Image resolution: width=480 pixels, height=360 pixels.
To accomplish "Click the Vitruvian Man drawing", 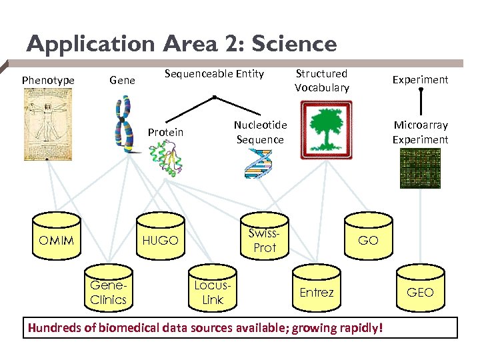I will [47, 125].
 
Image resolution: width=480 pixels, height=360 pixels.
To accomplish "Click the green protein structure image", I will [165, 159].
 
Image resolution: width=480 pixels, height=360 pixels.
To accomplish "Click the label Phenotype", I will [48, 81].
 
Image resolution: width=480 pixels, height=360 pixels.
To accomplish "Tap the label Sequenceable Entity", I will [214, 73].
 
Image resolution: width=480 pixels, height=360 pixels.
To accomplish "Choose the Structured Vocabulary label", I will [321, 81].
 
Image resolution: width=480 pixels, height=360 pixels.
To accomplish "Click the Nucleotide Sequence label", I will [260, 132].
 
